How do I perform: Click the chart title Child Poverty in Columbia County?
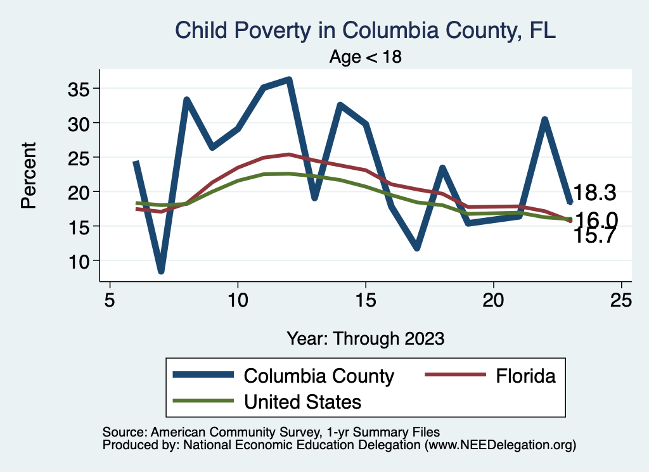pos(365,30)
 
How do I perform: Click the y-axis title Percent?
pos(28,175)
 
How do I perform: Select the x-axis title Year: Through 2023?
pos(365,338)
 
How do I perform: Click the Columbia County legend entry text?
pos(319,376)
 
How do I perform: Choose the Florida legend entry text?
pos(526,376)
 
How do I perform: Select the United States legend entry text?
pos(302,401)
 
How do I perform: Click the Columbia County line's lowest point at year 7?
pos(162,271)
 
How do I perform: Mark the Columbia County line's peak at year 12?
pos(289,80)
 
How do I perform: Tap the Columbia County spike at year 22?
pos(544,120)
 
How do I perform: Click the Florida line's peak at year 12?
pos(289,154)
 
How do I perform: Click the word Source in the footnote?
pos(120,432)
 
